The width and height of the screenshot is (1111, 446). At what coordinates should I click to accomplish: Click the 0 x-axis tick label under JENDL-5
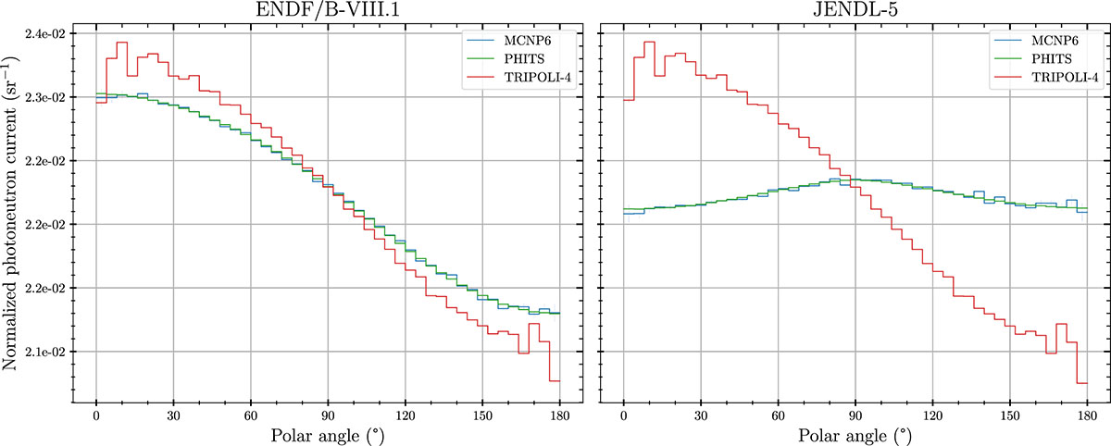coord(624,416)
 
